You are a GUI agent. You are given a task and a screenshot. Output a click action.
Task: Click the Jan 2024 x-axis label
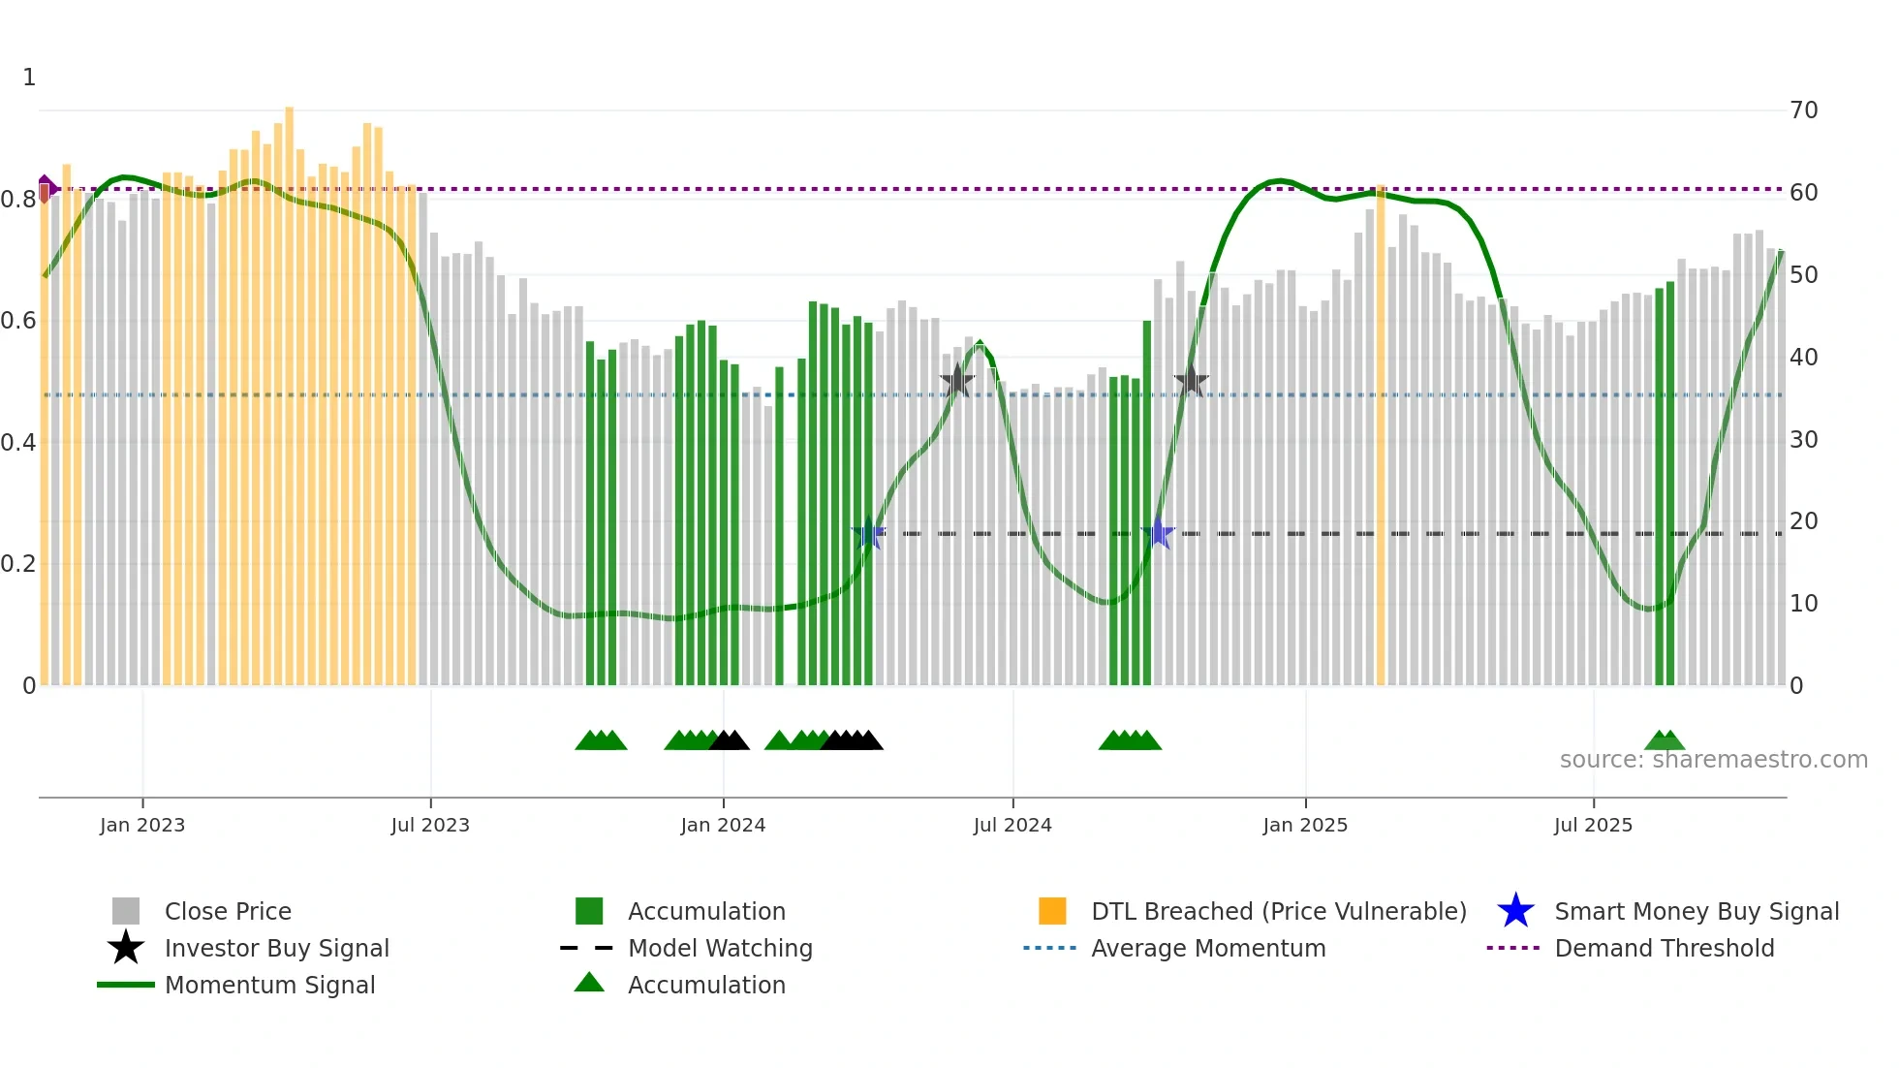pyautogui.click(x=723, y=825)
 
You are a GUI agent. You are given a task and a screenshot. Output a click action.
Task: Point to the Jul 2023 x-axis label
pyautogui.click(x=430, y=825)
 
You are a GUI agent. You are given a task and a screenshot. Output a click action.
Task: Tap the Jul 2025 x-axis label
pyautogui.click(x=1593, y=825)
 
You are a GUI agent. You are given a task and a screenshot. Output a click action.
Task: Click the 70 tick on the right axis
pyautogui.click(x=1803, y=110)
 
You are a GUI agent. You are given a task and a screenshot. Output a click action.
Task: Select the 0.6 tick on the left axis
pyautogui.click(x=18, y=321)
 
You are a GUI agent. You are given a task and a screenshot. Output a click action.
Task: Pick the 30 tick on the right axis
pyautogui.click(x=1803, y=440)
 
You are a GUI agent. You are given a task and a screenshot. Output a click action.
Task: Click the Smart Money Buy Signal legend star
pyautogui.click(x=1515, y=911)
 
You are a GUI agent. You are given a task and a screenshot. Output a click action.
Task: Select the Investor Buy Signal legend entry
pyautogui.click(x=276, y=948)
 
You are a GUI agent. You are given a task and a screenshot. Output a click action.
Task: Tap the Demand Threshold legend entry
pyautogui.click(x=1664, y=948)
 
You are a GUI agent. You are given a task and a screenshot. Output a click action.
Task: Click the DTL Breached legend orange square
pyautogui.click(x=1052, y=911)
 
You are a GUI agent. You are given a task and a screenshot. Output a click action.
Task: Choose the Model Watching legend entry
pyautogui.click(x=719, y=948)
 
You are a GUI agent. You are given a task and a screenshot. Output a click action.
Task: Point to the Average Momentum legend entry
pyautogui.click(x=1207, y=948)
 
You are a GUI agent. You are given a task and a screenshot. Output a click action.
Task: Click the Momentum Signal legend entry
pyautogui.click(x=269, y=985)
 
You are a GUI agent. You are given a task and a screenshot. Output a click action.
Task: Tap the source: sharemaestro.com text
pyautogui.click(x=1713, y=760)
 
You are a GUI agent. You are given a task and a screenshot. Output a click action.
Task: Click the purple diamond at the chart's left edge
pyautogui.click(x=46, y=188)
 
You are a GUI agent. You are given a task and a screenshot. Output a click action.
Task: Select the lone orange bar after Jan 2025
pyautogui.click(x=1381, y=436)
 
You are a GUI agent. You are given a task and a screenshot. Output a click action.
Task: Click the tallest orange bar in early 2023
pyautogui.click(x=289, y=388)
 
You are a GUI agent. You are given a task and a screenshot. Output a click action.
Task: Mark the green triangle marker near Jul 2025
pyautogui.click(x=1665, y=741)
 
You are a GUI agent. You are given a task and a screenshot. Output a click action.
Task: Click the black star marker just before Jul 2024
pyautogui.click(x=957, y=381)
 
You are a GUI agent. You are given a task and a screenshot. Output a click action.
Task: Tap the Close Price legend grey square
pyautogui.click(x=126, y=911)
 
